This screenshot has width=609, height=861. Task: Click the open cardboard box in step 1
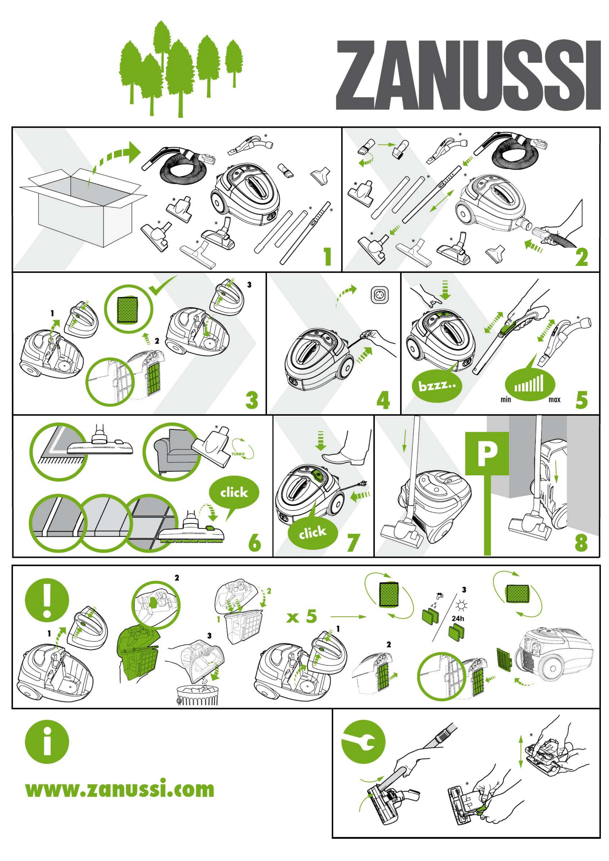83,207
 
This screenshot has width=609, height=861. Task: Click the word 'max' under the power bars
554,400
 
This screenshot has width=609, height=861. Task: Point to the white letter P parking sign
487,453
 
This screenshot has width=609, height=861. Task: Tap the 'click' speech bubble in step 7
312,532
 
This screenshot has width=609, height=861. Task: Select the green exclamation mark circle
47,600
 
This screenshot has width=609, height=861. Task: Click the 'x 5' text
302,617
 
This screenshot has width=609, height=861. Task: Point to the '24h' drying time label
458,618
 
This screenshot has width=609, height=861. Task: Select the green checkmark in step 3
162,285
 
